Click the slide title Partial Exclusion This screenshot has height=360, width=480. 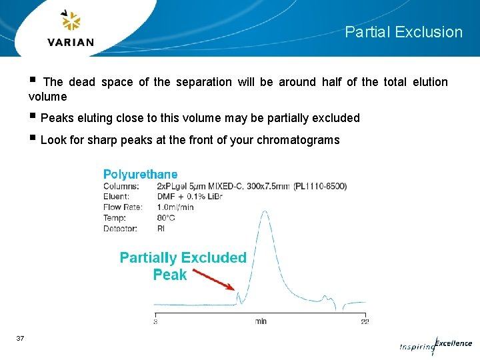pos(403,32)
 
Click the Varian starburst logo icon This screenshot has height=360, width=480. pos(71,22)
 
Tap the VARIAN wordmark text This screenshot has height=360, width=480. pos(71,43)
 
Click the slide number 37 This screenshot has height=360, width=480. pos(20,339)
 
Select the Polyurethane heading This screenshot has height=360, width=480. pos(140,174)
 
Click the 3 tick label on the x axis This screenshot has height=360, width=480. pos(155,321)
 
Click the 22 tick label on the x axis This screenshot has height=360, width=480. pos(364,321)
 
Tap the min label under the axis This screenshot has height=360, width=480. pos(261,321)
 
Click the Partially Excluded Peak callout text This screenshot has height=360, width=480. pos(183,265)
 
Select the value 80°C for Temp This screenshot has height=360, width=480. pos(166,218)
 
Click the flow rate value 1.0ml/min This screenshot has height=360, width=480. pos(175,207)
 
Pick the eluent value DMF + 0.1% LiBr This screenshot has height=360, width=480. pos(189,197)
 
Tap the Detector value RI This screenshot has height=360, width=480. pos(161,229)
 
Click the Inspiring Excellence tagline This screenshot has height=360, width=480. pos(435,345)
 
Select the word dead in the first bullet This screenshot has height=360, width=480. pos(82,82)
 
